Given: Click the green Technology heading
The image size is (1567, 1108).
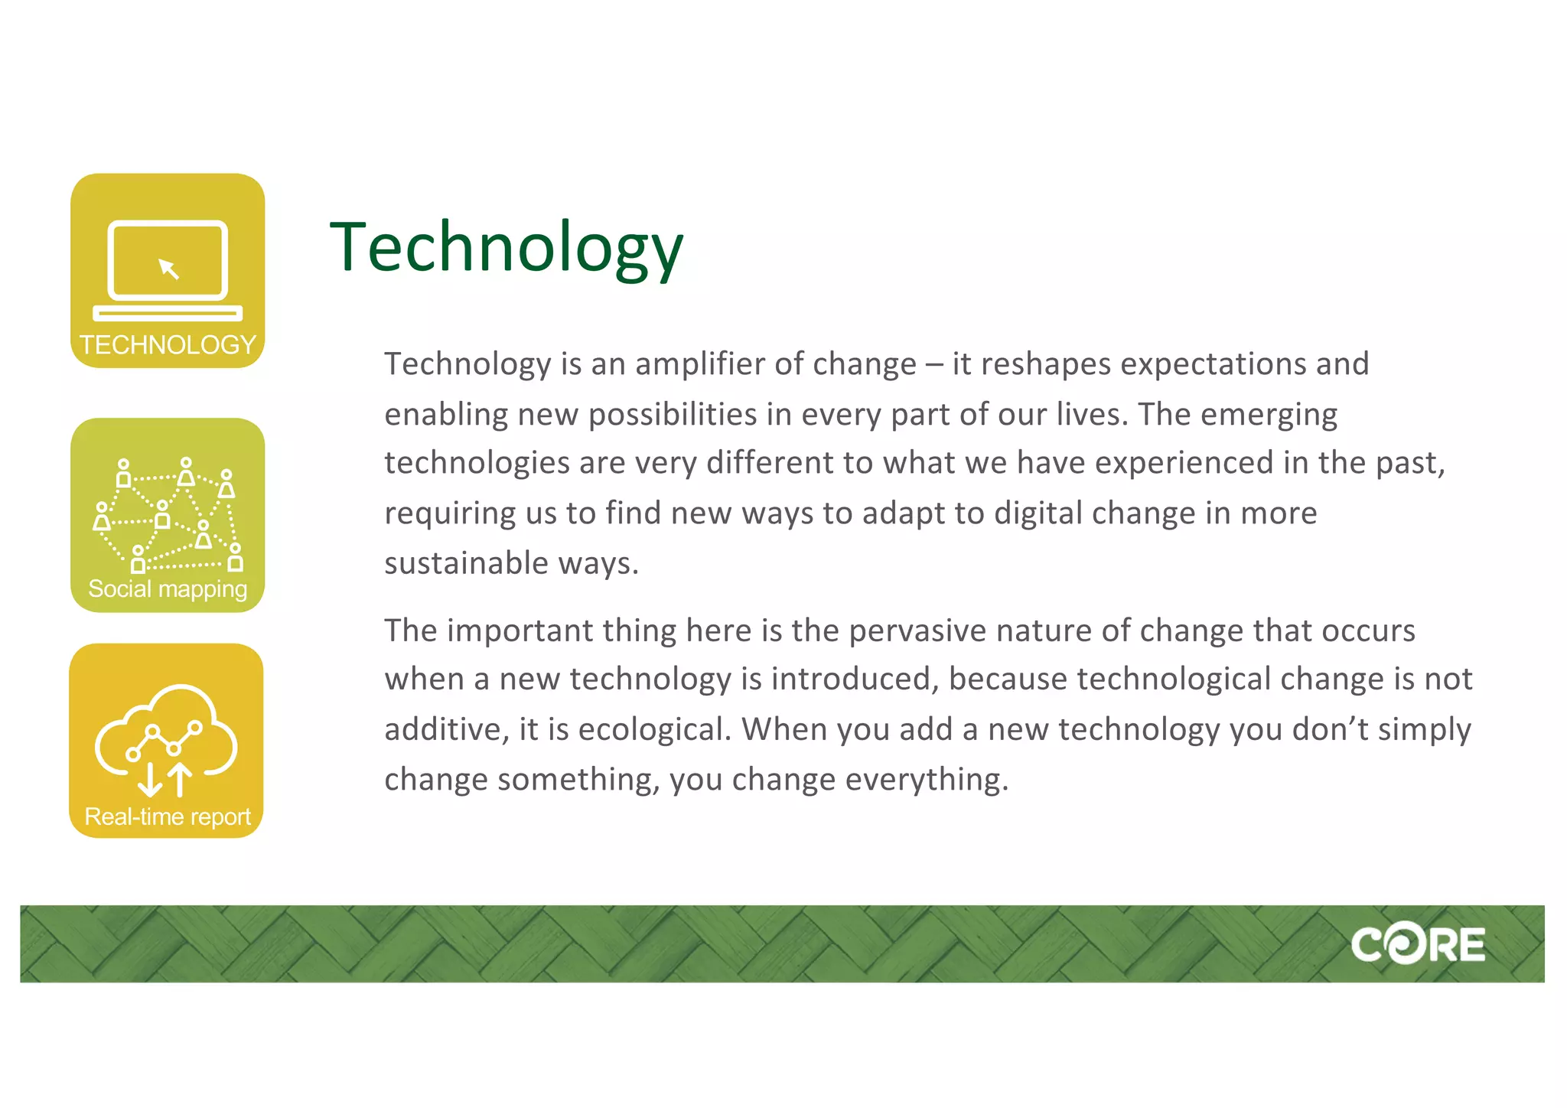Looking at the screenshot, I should (x=506, y=246).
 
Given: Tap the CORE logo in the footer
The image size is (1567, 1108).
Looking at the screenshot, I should (x=1417, y=944).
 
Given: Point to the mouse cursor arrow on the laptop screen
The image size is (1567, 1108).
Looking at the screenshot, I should (x=168, y=269).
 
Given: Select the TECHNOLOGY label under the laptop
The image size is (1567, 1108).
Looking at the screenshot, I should (x=168, y=345).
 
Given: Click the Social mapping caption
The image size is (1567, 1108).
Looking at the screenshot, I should (x=168, y=588).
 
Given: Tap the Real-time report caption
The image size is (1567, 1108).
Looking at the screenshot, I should (x=168, y=816).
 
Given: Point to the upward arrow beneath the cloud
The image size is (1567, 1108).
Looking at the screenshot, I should (x=180, y=779).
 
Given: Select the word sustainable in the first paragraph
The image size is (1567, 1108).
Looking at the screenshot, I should (x=466, y=564).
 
